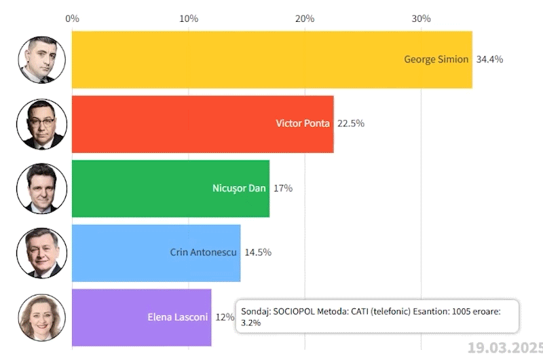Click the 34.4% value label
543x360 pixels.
489,59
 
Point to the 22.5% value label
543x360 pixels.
351,124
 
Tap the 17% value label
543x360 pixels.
283,188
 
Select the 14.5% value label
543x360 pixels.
258,253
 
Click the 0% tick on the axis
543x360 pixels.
73,18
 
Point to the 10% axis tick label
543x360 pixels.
189,18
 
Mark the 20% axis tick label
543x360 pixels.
305,18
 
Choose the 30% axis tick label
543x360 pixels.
422,18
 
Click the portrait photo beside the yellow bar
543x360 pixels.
41,59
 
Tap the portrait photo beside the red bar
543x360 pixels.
41,124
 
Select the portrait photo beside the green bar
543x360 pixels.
41,188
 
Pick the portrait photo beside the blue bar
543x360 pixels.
41,253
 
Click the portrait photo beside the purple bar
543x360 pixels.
41,317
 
